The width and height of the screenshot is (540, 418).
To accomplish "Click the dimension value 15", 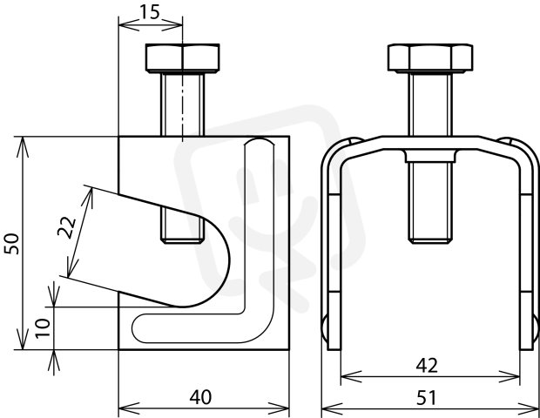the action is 150,12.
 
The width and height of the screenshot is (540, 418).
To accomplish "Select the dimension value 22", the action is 66,227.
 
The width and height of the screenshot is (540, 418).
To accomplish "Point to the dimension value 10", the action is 43,328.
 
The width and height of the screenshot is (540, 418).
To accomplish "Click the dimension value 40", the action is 200,397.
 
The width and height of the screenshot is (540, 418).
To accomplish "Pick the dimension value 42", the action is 427,366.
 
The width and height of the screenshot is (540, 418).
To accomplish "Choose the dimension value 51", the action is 427,398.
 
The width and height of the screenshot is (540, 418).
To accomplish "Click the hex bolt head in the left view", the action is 183,58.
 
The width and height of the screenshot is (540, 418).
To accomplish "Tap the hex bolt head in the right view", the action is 430,58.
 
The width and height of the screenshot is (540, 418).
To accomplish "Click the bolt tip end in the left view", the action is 183,240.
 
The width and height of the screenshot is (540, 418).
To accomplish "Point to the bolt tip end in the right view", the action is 430,240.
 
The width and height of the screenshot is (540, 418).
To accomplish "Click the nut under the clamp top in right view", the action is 430,156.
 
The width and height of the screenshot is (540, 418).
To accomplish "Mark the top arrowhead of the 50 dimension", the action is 23,147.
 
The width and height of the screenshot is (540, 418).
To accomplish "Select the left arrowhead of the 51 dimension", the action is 332,409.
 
